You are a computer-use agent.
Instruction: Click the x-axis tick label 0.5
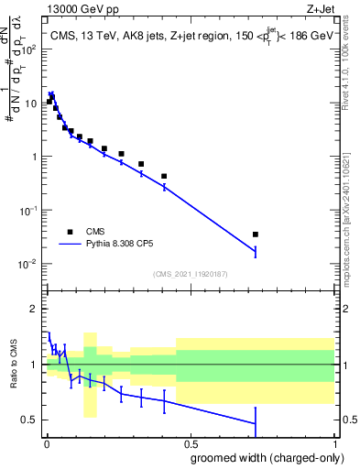[191, 442]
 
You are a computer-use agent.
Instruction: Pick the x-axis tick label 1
[334, 442]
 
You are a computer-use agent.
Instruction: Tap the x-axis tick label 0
[47, 442]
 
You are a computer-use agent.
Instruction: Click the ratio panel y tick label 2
[34, 309]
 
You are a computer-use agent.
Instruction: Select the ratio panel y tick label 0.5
[29, 420]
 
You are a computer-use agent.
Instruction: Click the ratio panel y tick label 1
[34, 365]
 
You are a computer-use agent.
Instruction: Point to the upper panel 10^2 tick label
[28, 49]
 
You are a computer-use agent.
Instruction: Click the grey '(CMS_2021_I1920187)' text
[191, 273]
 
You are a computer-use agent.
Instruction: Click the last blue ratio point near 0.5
[256, 423]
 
